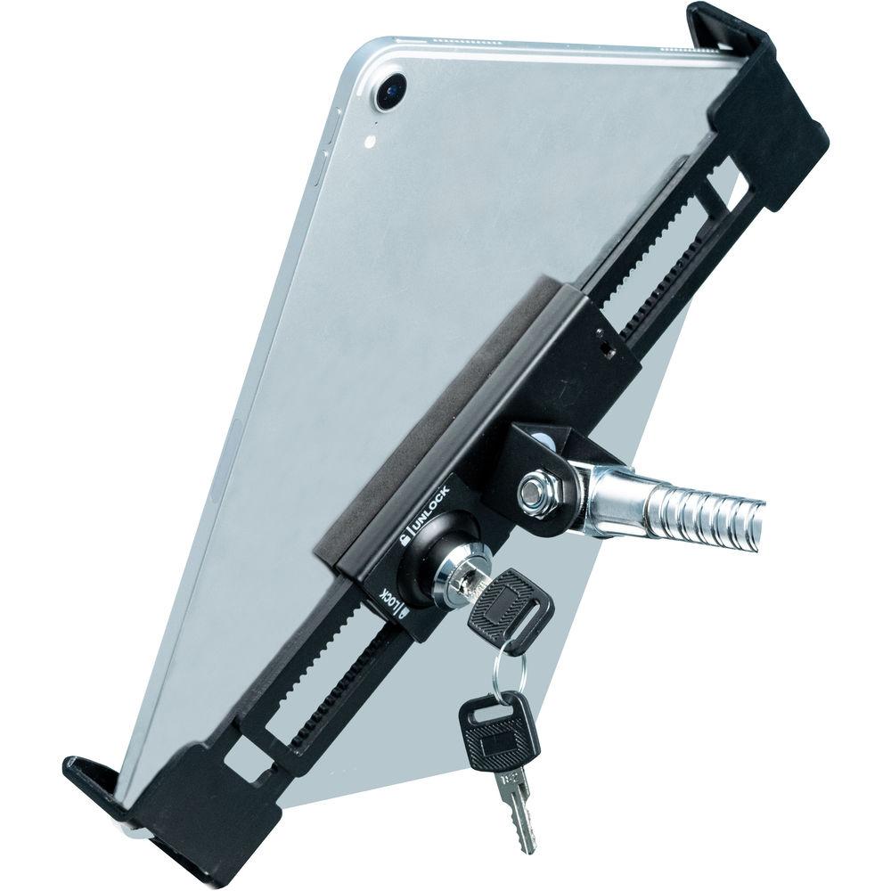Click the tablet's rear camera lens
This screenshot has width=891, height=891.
click(x=392, y=92)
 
